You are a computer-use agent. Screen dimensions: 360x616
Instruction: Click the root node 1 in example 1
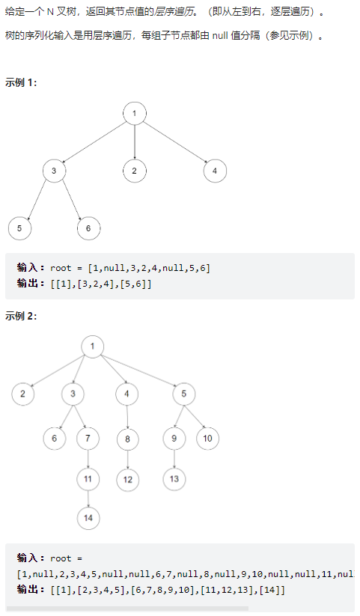[x=135, y=114]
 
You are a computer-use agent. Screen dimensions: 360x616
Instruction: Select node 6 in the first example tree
[x=88, y=228]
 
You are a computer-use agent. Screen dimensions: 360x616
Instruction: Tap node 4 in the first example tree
[x=215, y=171]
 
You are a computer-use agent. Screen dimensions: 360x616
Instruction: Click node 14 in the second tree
[x=88, y=518]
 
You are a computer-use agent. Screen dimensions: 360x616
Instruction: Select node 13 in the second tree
[x=174, y=479]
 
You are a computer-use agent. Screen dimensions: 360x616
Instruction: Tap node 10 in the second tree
[x=207, y=439]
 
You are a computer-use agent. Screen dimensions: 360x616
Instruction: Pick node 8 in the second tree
[x=128, y=439]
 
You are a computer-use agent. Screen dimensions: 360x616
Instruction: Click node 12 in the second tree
[x=128, y=480]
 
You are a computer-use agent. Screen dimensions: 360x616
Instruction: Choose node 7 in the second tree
[x=88, y=439]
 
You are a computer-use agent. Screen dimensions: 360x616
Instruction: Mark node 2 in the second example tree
[x=22, y=394]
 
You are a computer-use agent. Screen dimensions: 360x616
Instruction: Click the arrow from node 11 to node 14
[x=88, y=498]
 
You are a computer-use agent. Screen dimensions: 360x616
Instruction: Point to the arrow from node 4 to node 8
[x=127, y=416]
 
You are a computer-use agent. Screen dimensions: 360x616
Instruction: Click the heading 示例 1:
[x=21, y=82]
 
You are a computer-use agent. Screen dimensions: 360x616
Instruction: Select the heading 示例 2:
[x=21, y=316]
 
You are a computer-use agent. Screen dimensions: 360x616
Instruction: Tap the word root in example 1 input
[x=61, y=268]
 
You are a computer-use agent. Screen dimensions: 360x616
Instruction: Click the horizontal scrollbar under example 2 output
[x=128, y=609]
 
